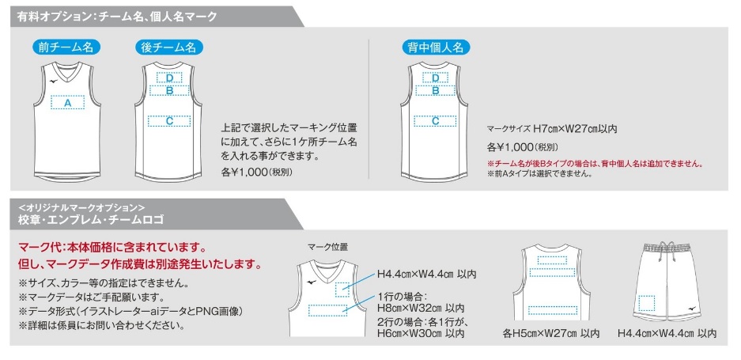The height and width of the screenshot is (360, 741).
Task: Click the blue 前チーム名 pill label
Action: point(67,47)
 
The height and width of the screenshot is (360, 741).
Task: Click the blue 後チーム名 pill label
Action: point(168,47)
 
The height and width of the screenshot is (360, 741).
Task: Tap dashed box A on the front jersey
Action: point(67,102)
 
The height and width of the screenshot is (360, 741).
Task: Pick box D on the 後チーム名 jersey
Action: point(169,78)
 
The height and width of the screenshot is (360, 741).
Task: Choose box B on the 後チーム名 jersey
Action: point(169,90)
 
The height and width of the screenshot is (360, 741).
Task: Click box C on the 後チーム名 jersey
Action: point(169,121)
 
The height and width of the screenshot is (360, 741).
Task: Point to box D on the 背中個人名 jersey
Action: point(435,78)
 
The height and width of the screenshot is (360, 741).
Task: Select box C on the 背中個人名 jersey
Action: point(435,121)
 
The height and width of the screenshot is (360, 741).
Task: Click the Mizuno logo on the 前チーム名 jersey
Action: point(50,81)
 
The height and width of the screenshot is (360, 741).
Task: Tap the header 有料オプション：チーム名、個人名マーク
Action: point(117,17)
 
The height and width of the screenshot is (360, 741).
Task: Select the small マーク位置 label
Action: point(327,247)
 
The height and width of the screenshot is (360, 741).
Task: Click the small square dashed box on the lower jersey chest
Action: point(342,290)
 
